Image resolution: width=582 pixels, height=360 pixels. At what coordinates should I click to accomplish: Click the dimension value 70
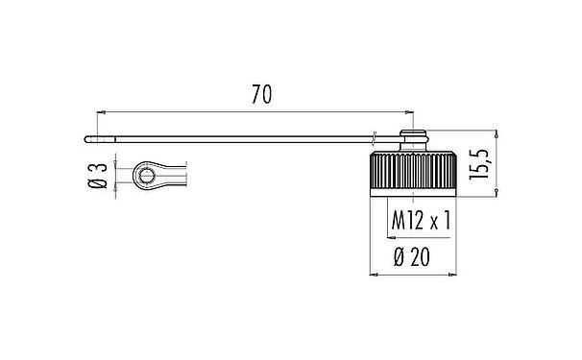(261, 94)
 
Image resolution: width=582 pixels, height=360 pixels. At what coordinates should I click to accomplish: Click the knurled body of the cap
(413, 172)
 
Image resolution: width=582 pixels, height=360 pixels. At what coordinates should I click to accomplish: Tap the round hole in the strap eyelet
(144, 176)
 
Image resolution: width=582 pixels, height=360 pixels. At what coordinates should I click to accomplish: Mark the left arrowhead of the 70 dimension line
(99, 111)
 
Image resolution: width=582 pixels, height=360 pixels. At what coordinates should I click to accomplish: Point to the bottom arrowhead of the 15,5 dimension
(497, 195)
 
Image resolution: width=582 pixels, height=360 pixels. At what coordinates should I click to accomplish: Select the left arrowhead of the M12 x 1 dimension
(389, 237)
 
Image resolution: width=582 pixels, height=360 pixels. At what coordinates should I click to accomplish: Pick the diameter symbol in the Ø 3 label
(96, 187)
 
